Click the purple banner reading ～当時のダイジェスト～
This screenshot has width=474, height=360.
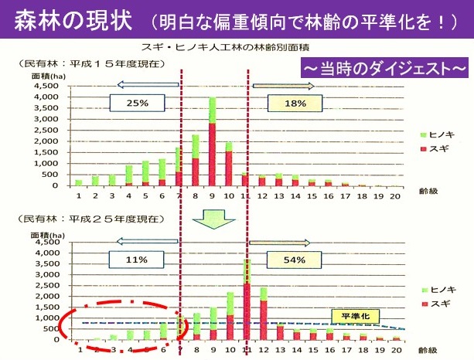[384, 68]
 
